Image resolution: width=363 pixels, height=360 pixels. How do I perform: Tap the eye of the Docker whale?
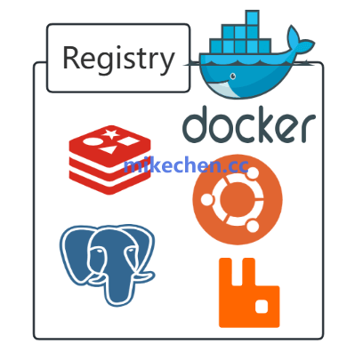click(x=233, y=76)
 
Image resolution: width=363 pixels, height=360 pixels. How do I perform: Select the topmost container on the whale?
click(x=252, y=18)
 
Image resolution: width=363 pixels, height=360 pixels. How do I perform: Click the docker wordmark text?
click(x=249, y=124)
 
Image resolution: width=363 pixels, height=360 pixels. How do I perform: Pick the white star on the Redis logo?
click(x=112, y=134)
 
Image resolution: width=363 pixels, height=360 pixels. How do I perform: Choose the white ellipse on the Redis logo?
click(x=91, y=141)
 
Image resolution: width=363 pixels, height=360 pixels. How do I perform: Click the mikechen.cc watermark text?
click(x=186, y=165)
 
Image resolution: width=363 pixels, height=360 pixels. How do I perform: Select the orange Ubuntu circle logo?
click(x=238, y=199)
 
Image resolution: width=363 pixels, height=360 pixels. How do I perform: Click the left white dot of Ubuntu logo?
click(x=207, y=199)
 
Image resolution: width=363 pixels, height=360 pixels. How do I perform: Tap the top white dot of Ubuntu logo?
click(x=253, y=173)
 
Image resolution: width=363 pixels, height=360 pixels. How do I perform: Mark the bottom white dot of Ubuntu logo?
click(x=253, y=226)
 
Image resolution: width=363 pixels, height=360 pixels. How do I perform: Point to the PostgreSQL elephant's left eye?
click(x=98, y=251)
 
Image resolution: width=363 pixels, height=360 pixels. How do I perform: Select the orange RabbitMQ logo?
click(x=249, y=292)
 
